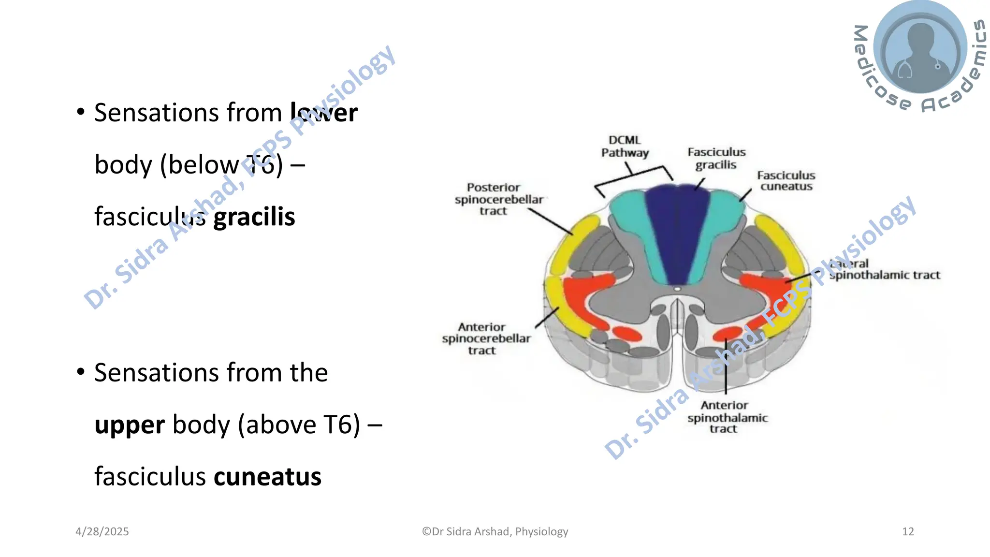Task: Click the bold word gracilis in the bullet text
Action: (x=254, y=217)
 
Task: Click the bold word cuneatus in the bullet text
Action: (x=267, y=477)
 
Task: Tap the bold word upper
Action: (x=130, y=425)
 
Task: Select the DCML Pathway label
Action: (x=625, y=147)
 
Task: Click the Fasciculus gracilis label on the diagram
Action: (x=716, y=159)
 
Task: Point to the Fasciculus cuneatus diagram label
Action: (x=786, y=181)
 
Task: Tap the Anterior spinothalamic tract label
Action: (x=727, y=417)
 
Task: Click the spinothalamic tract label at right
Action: (x=885, y=275)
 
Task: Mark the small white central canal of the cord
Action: (x=677, y=289)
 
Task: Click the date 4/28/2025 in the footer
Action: (x=102, y=531)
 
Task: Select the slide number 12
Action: (x=907, y=531)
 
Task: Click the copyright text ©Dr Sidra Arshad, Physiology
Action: (x=495, y=531)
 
